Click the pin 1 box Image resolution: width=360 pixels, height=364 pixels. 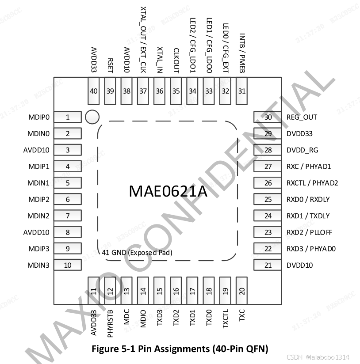point(68,117)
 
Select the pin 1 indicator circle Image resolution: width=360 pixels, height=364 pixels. point(92,117)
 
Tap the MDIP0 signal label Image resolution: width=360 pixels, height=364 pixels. point(38,118)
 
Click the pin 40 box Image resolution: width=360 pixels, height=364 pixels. point(94,91)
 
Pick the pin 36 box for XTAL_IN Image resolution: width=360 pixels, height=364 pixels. point(160,91)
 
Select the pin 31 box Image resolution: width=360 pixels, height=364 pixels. point(241,91)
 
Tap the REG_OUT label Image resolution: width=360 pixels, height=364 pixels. point(302,117)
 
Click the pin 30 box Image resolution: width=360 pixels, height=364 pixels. point(268,117)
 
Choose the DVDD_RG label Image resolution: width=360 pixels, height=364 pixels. point(302,150)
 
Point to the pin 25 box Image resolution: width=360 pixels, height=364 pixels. point(268,199)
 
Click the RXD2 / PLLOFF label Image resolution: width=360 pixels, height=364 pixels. point(309,232)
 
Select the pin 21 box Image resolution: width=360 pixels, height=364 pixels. point(268,265)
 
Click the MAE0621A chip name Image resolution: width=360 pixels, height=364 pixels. point(168,191)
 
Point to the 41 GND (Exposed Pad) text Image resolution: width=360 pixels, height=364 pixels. point(137,253)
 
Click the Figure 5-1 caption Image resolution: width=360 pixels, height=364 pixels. point(180,349)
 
